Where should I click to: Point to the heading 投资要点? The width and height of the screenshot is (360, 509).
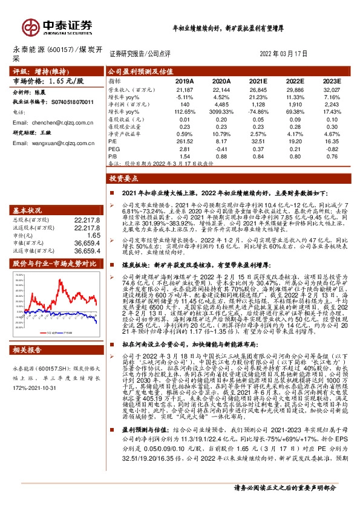[124, 179]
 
